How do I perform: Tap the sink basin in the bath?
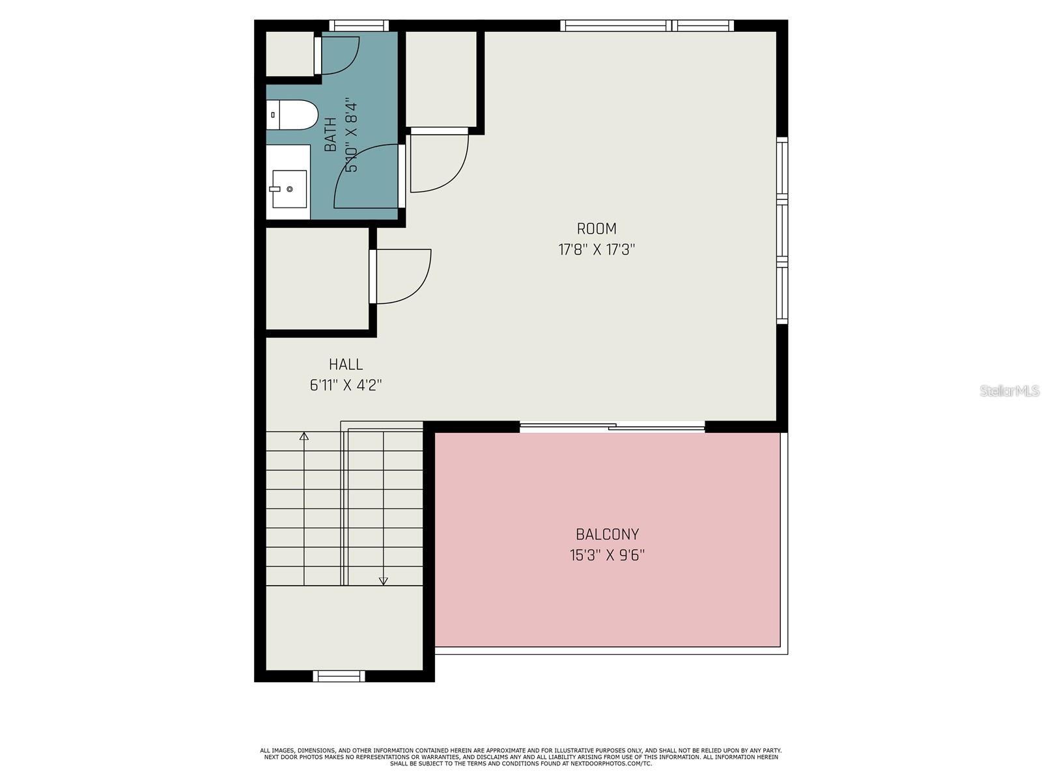tap(289, 189)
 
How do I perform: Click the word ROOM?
tap(597, 228)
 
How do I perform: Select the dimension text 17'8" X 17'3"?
tap(597, 249)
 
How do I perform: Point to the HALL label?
tap(345, 364)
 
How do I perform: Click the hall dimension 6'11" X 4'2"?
tap(345, 385)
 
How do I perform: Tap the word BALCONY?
tap(607, 534)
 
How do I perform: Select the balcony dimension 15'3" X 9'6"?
tap(607, 555)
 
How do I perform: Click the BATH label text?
tap(331, 135)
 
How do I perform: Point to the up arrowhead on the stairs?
tap(303, 436)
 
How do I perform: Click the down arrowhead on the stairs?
tap(384, 581)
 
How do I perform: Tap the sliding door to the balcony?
tap(612, 427)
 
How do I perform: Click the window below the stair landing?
tap(339, 676)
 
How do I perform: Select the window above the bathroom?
tap(359, 26)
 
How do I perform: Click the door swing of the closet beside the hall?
tap(401, 277)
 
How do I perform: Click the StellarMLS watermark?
tap(1009, 390)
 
